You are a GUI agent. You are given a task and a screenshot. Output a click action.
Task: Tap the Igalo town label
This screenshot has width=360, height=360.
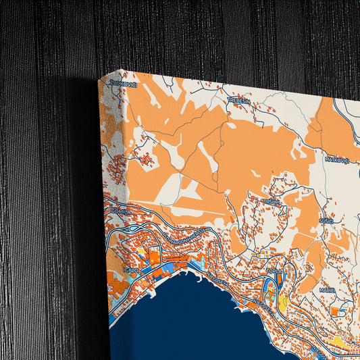coord(131,269)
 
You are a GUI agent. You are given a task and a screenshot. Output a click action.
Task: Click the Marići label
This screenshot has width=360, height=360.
coord(328,289)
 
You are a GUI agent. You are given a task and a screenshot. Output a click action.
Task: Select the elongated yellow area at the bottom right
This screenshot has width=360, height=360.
coord(341,344)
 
